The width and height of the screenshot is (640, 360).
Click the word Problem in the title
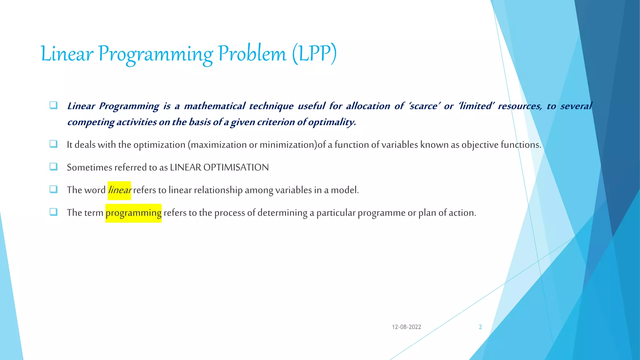click(x=252, y=54)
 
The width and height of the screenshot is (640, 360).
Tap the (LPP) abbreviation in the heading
click(x=314, y=54)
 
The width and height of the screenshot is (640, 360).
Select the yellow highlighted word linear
click(x=119, y=190)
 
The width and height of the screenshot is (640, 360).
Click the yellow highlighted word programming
click(x=133, y=213)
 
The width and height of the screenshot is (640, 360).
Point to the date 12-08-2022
click(x=406, y=327)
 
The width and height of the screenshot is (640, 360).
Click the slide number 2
click(x=480, y=327)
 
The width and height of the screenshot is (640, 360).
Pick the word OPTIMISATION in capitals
click(x=236, y=167)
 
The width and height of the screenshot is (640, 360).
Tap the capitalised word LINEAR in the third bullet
click(x=185, y=167)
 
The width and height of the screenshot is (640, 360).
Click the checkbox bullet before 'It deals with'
click(x=53, y=144)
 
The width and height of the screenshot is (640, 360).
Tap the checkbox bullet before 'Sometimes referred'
click(x=53, y=167)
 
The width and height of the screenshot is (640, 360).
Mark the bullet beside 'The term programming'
click(x=53, y=212)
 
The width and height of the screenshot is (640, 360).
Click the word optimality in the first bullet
click(x=332, y=122)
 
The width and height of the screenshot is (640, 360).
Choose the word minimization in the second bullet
click(x=287, y=145)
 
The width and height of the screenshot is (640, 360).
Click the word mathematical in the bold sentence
click(x=214, y=106)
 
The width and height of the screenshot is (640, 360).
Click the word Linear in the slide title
click(x=67, y=54)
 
